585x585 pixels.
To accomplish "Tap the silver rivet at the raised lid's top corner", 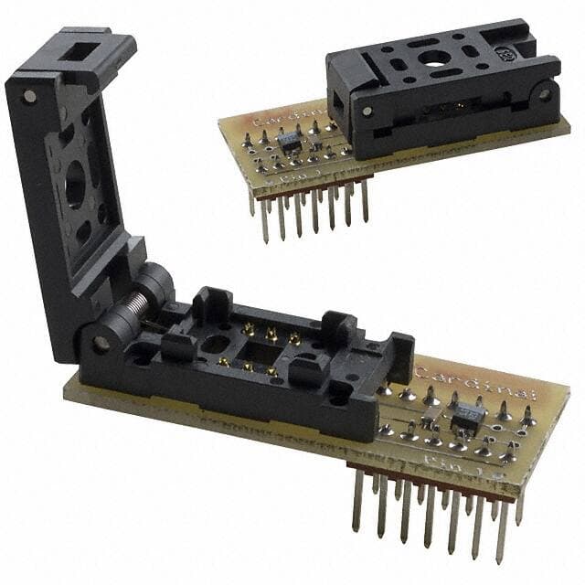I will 29,95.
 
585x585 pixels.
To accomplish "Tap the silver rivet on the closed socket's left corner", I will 367,111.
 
